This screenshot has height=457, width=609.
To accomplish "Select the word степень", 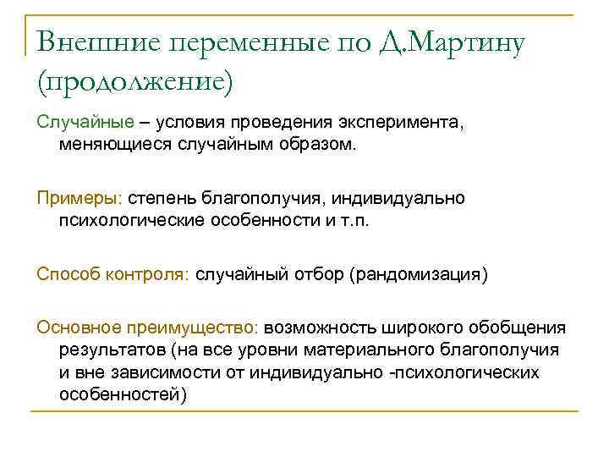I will [162, 198].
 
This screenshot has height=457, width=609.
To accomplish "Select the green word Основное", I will [79, 328].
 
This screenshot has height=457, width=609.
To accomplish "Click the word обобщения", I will [516, 328].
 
